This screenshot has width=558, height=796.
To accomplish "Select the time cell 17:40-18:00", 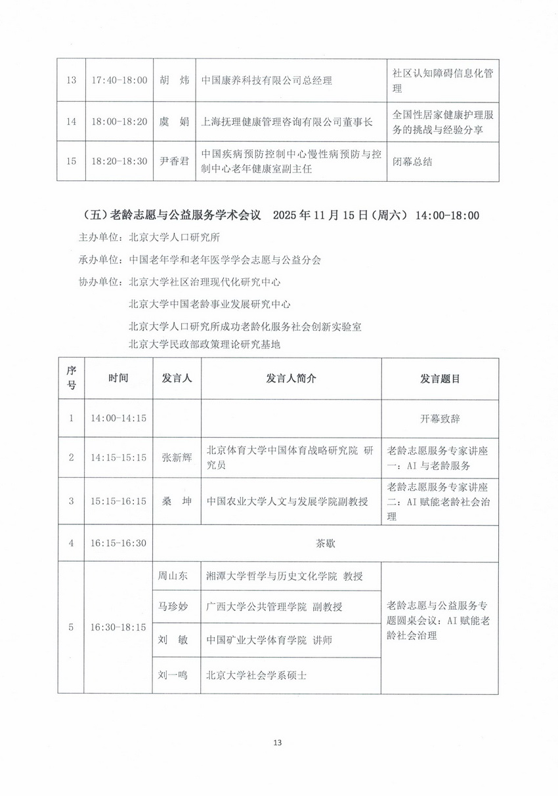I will tap(119, 81).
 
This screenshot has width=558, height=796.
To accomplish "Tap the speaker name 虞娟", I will tap(174, 121).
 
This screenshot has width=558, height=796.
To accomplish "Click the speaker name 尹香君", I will tap(174, 161).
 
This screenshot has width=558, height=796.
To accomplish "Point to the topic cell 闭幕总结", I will tap(412, 161).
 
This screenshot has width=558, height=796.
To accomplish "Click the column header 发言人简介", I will tap(291, 379).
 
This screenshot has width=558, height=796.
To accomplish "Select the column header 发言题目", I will tap(439, 379).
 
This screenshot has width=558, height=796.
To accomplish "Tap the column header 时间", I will tap(119, 379).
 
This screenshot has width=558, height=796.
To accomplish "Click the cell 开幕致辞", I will tap(439, 418).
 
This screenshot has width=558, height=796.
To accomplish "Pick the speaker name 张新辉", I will tap(174, 457).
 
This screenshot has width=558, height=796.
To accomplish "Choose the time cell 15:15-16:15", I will tap(119, 501).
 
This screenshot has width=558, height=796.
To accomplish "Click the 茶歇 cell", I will tap(325, 543).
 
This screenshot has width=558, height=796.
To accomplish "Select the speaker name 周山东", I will tap(173, 576).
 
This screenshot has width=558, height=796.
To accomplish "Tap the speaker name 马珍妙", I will tap(173, 607).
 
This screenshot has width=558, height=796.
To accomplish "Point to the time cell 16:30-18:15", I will tap(119, 627).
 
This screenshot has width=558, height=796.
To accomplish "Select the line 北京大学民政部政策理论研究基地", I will tap(205, 344).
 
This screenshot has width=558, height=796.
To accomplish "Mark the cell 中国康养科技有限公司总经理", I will tap(267, 81).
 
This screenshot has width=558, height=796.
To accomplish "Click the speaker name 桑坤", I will tap(174, 501).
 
